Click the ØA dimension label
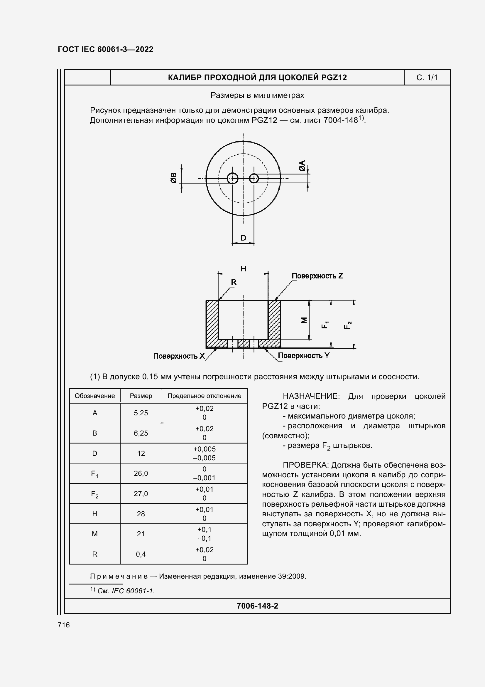(302, 166)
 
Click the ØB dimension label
(174, 178)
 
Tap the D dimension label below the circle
(243, 238)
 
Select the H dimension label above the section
(243, 269)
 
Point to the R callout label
(234, 282)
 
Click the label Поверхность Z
(317, 276)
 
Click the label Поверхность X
(179, 356)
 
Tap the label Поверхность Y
(304, 355)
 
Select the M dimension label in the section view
(304, 320)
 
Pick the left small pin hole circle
(232, 179)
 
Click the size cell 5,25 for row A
(141, 413)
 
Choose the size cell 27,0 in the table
(141, 494)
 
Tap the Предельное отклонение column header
(205, 396)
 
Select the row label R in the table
(95, 554)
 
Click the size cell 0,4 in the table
(141, 554)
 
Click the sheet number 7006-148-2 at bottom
(257, 606)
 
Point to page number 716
(64, 625)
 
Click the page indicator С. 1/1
(427, 78)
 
